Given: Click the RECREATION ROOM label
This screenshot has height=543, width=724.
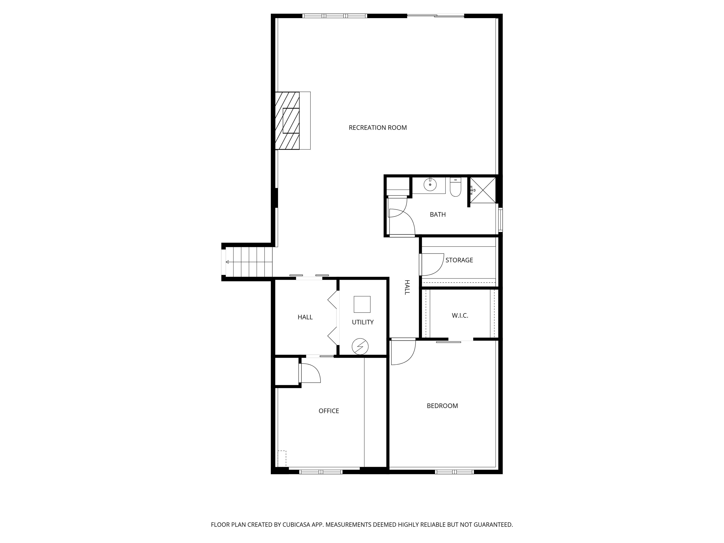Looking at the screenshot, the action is coord(378,128).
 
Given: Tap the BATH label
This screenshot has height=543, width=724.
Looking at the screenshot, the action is coord(438,214).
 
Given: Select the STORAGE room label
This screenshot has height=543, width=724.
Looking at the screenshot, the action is coord(459,260).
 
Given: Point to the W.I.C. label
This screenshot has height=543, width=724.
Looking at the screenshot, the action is coord(460,316).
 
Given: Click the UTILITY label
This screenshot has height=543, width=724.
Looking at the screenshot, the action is coord(363,322).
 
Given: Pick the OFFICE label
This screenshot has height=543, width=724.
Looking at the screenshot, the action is coord(329,411).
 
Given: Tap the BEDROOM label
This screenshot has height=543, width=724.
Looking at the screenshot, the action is coord(442,406).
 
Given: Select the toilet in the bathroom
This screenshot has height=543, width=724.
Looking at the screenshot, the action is coord(455,187).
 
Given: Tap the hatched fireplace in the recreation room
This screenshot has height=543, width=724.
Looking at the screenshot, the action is coord(287,120).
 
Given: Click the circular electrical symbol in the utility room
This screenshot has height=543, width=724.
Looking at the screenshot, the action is coord(360,346).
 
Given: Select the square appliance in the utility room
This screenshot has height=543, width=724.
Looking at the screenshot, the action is coord(362,304).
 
